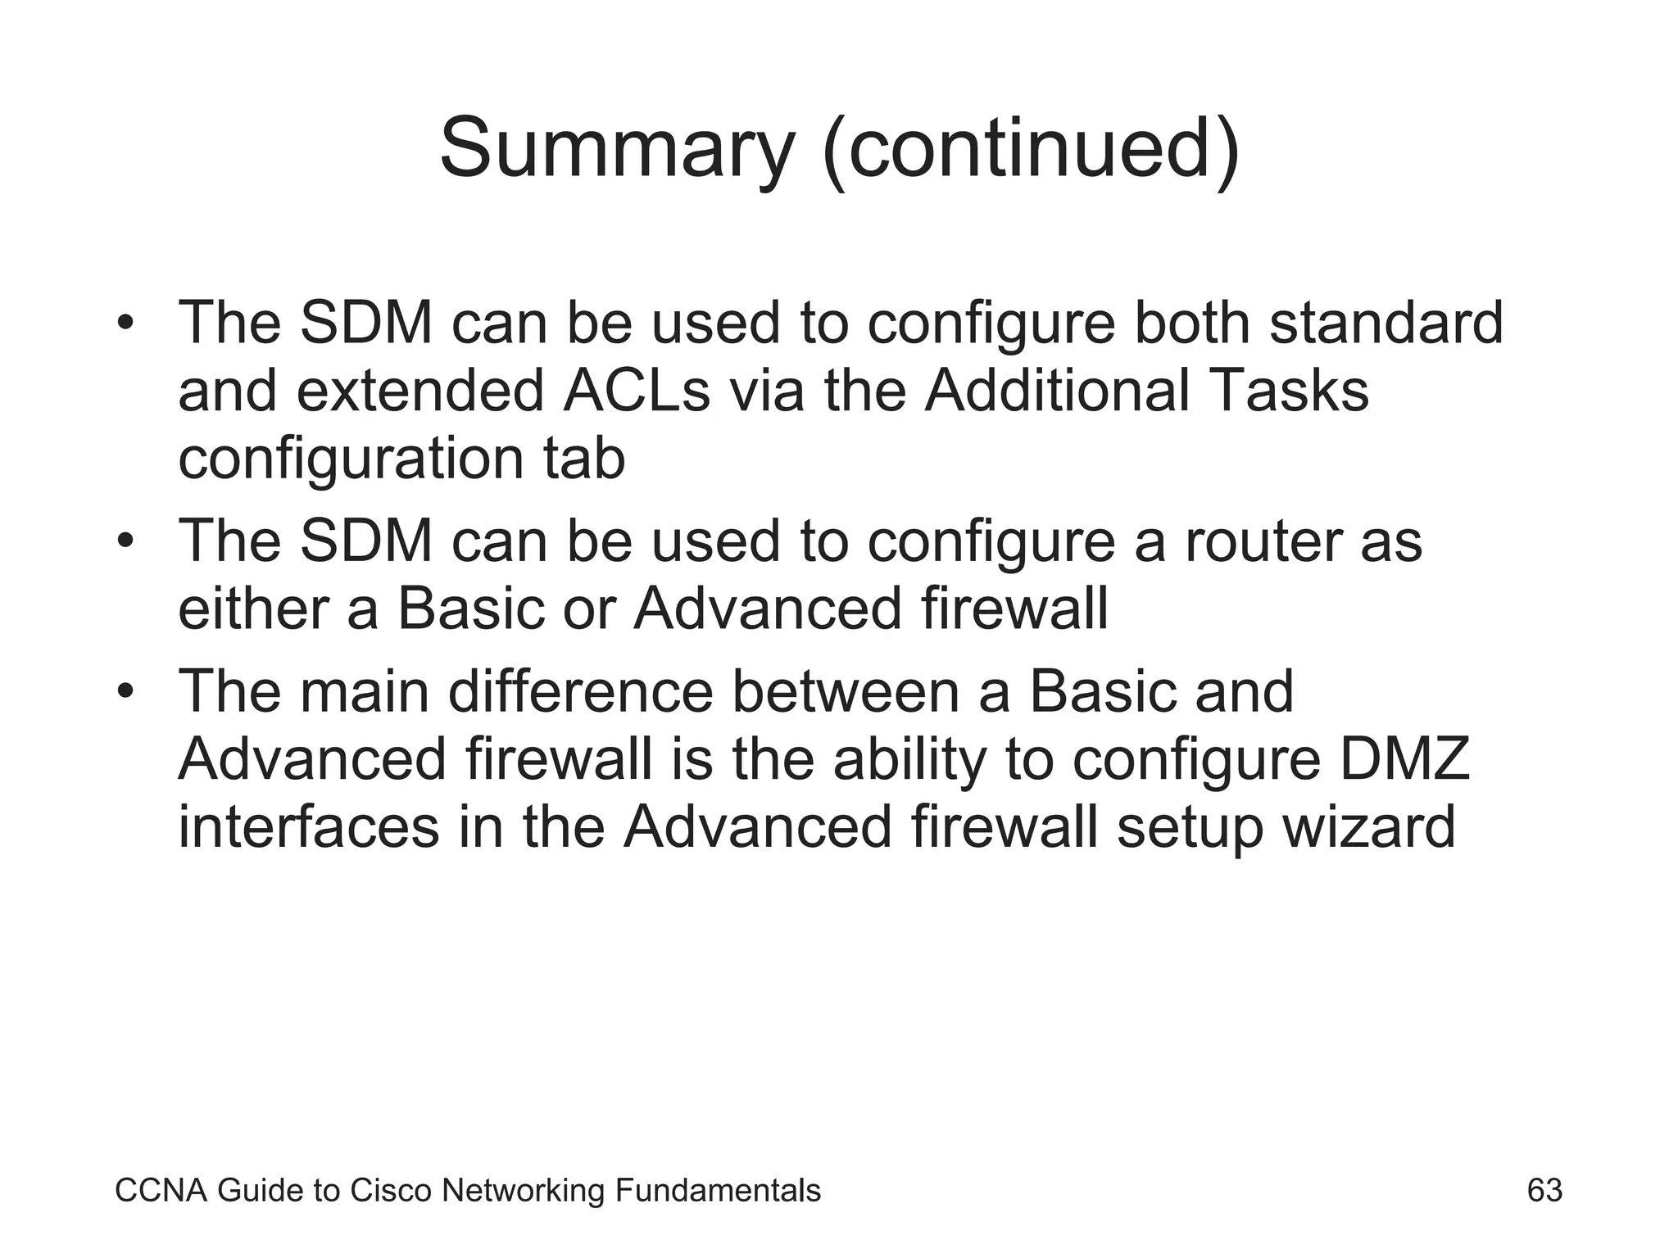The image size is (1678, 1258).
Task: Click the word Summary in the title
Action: pyautogui.click(x=616, y=149)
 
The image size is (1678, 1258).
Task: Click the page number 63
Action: pyautogui.click(x=1544, y=1190)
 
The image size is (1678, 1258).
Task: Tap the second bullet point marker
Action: pyautogui.click(x=125, y=541)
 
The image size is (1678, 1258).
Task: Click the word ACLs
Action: pyautogui.click(x=637, y=391)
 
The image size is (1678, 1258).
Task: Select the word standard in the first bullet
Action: pyautogui.click(x=1386, y=323)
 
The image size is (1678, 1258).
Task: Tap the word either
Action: pyautogui.click(x=254, y=609)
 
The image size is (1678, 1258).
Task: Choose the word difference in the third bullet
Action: pyautogui.click(x=581, y=692)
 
